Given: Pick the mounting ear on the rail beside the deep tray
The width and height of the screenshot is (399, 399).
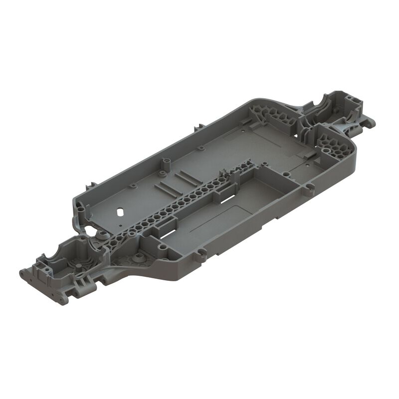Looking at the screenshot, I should click(200, 255).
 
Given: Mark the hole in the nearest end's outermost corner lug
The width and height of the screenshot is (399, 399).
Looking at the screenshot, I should click(23, 273).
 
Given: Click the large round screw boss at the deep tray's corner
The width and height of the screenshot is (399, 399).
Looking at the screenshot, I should click(162, 246).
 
